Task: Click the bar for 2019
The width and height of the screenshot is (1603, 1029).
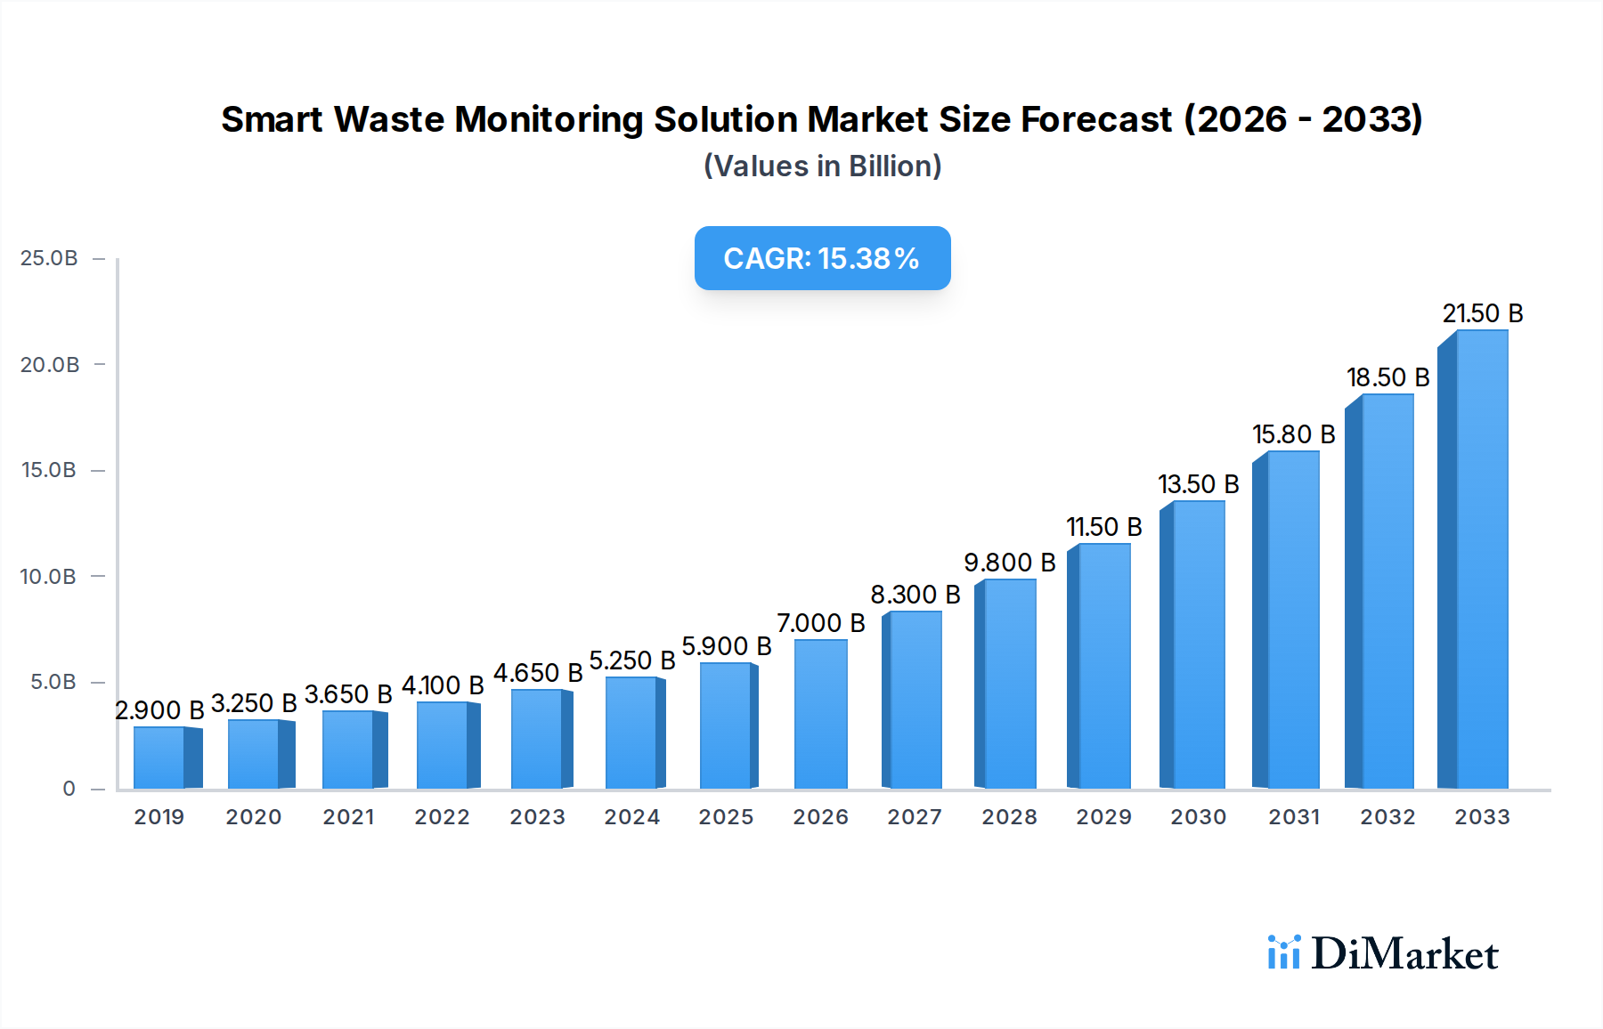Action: click(x=159, y=758)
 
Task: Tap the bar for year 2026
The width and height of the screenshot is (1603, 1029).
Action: click(x=820, y=714)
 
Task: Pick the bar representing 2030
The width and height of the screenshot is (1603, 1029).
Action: click(x=1198, y=644)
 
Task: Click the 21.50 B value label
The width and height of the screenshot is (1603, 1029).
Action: click(x=1483, y=313)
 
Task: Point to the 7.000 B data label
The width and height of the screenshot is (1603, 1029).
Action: click(x=820, y=623)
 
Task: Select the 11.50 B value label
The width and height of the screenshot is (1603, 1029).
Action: click(x=1104, y=527)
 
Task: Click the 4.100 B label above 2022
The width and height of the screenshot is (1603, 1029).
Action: click(x=443, y=685)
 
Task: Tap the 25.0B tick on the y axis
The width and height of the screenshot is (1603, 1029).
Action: click(x=49, y=258)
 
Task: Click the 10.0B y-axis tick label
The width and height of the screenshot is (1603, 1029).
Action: click(x=48, y=576)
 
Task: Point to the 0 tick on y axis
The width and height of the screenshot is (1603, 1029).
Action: click(x=69, y=789)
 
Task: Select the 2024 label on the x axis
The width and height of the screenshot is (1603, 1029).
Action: click(x=631, y=817)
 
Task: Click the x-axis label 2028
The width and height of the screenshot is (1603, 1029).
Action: click(x=1009, y=817)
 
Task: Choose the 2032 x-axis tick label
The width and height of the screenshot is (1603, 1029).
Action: click(x=1387, y=817)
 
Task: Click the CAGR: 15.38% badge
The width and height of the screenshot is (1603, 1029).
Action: click(x=822, y=258)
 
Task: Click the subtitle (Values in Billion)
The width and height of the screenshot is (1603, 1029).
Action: click(x=822, y=166)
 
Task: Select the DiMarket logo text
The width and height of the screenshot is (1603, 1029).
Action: click(x=1404, y=953)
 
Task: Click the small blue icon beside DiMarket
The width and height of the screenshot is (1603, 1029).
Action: click(x=1283, y=952)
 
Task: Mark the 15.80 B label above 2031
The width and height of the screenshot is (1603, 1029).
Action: click(x=1293, y=434)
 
